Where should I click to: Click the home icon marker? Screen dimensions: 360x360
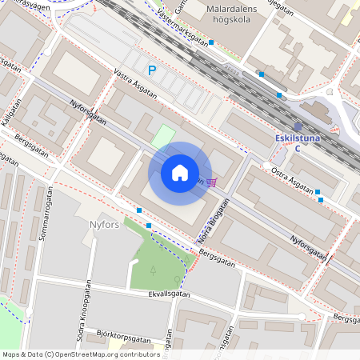[x=180, y=172]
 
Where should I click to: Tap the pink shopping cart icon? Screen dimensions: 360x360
[x=211, y=181]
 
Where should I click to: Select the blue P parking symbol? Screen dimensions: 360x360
[x=151, y=71]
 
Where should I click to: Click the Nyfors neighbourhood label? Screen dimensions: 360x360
[x=105, y=225]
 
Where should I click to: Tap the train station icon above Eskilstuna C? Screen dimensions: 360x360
[x=298, y=126]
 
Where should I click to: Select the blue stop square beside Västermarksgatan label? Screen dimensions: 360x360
[x=211, y=42]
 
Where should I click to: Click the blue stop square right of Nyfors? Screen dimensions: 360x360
[x=139, y=210]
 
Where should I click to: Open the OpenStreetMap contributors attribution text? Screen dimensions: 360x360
[x=81, y=354]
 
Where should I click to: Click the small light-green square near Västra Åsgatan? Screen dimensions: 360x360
[x=162, y=136]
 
